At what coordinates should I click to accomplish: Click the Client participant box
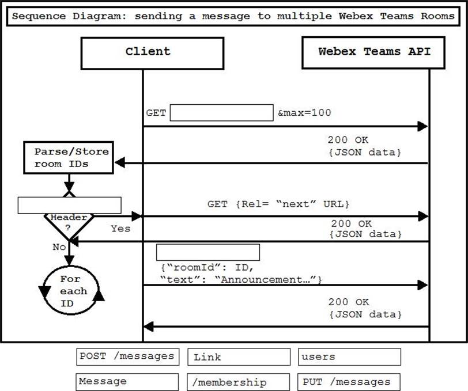[148, 51]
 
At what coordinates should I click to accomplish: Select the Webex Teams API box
[374, 51]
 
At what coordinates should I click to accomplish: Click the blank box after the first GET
[221, 113]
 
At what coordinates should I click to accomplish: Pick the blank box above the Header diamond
[69, 205]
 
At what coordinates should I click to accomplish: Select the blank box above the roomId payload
[208, 252]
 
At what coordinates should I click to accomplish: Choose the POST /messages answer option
[127, 356]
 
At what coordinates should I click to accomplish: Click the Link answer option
[239, 357]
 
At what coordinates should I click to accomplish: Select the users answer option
[349, 357]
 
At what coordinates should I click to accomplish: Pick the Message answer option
[127, 382]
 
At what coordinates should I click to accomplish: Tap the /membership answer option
[239, 382]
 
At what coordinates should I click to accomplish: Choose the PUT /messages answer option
[349, 382]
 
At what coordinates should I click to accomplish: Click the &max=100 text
[304, 113]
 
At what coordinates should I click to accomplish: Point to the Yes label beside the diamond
[120, 229]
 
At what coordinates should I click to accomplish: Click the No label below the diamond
[59, 246]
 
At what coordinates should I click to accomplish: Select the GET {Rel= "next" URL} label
[279, 204]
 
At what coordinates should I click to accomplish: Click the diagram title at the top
[233, 16]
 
